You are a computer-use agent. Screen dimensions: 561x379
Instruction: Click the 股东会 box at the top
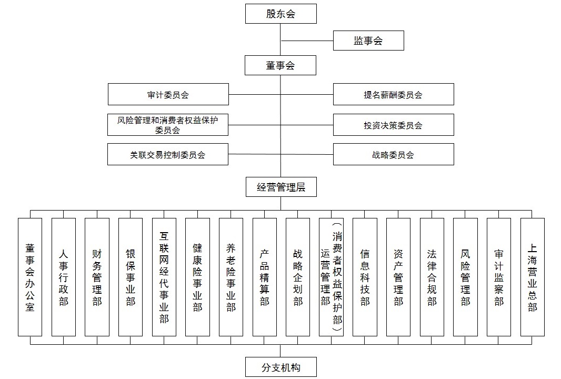click(281, 14)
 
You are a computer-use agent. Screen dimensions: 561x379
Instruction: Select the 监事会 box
click(368, 41)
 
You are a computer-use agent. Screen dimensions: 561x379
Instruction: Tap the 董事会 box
click(280, 65)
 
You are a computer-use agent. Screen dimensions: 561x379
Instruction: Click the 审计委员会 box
click(168, 94)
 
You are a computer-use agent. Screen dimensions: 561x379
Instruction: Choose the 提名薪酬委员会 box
click(394, 94)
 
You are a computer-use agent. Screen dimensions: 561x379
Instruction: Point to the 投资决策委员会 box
click(394, 125)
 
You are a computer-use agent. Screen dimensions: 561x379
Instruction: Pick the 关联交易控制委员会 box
click(168, 154)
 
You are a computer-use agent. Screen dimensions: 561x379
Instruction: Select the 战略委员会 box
click(394, 154)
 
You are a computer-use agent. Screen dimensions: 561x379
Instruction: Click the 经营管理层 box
click(281, 187)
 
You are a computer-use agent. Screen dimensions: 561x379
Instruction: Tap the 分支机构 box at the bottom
click(281, 367)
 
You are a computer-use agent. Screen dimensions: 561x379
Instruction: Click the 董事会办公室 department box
click(30, 277)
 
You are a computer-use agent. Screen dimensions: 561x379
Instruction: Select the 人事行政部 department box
click(64, 277)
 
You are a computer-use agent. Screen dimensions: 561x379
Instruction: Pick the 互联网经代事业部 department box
click(164, 277)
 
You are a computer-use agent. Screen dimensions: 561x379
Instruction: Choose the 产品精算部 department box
click(265, 277)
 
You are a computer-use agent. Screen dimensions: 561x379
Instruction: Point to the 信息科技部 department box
click(365, 277)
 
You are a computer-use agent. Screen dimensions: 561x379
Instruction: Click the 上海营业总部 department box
click(533, 277)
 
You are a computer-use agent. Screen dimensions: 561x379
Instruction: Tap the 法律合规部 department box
click(432, 277)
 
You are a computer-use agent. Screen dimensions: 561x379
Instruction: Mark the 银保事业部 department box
click(131, 277)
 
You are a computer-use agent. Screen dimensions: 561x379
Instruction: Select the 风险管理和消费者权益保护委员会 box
click(168, 125)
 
